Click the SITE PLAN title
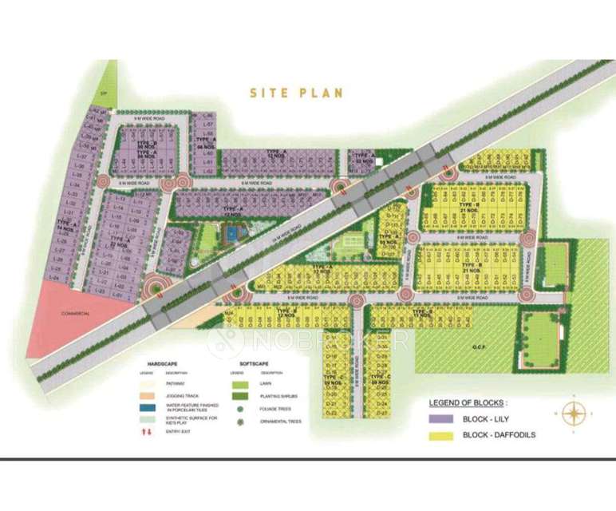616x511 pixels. pos(297,93)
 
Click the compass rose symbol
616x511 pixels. pos(575,413)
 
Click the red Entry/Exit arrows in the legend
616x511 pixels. pos(146,431)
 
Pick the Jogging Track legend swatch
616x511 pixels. pos(146,394)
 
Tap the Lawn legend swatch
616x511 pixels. pos(239,384)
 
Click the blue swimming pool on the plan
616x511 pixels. pos(231,234)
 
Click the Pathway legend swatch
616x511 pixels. pos(146,384)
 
